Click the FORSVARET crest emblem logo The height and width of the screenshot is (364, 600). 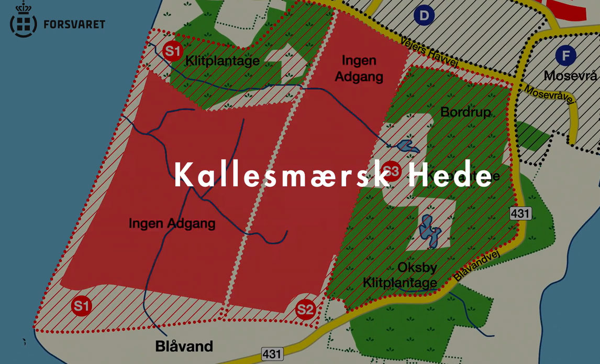click(x=24, y=21)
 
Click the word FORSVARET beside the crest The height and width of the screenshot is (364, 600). click(x=74, y=24)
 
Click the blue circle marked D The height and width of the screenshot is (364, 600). click(x=424, y=16)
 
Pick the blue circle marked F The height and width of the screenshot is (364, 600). click(x=565, y=55)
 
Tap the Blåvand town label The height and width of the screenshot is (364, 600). click(x=184, y=346)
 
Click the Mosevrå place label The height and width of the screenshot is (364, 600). click(x=570, y=76)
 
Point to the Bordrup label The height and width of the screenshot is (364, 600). click(x=465, y=112)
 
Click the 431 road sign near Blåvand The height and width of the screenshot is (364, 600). click(x=272, y=354)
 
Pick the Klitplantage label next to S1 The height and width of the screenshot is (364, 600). click(x=222, y=61)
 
